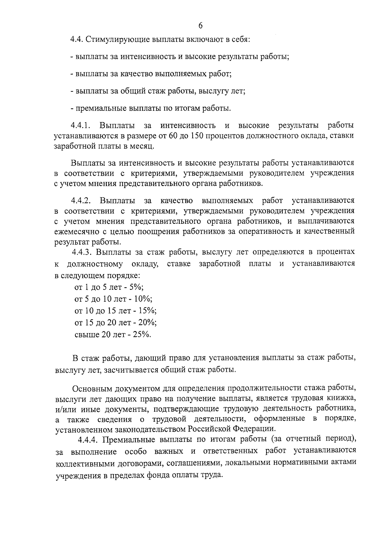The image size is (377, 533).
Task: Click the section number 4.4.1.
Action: click(x=81, y=126)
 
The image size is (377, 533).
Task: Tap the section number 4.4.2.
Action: click(x=81, y=201)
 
